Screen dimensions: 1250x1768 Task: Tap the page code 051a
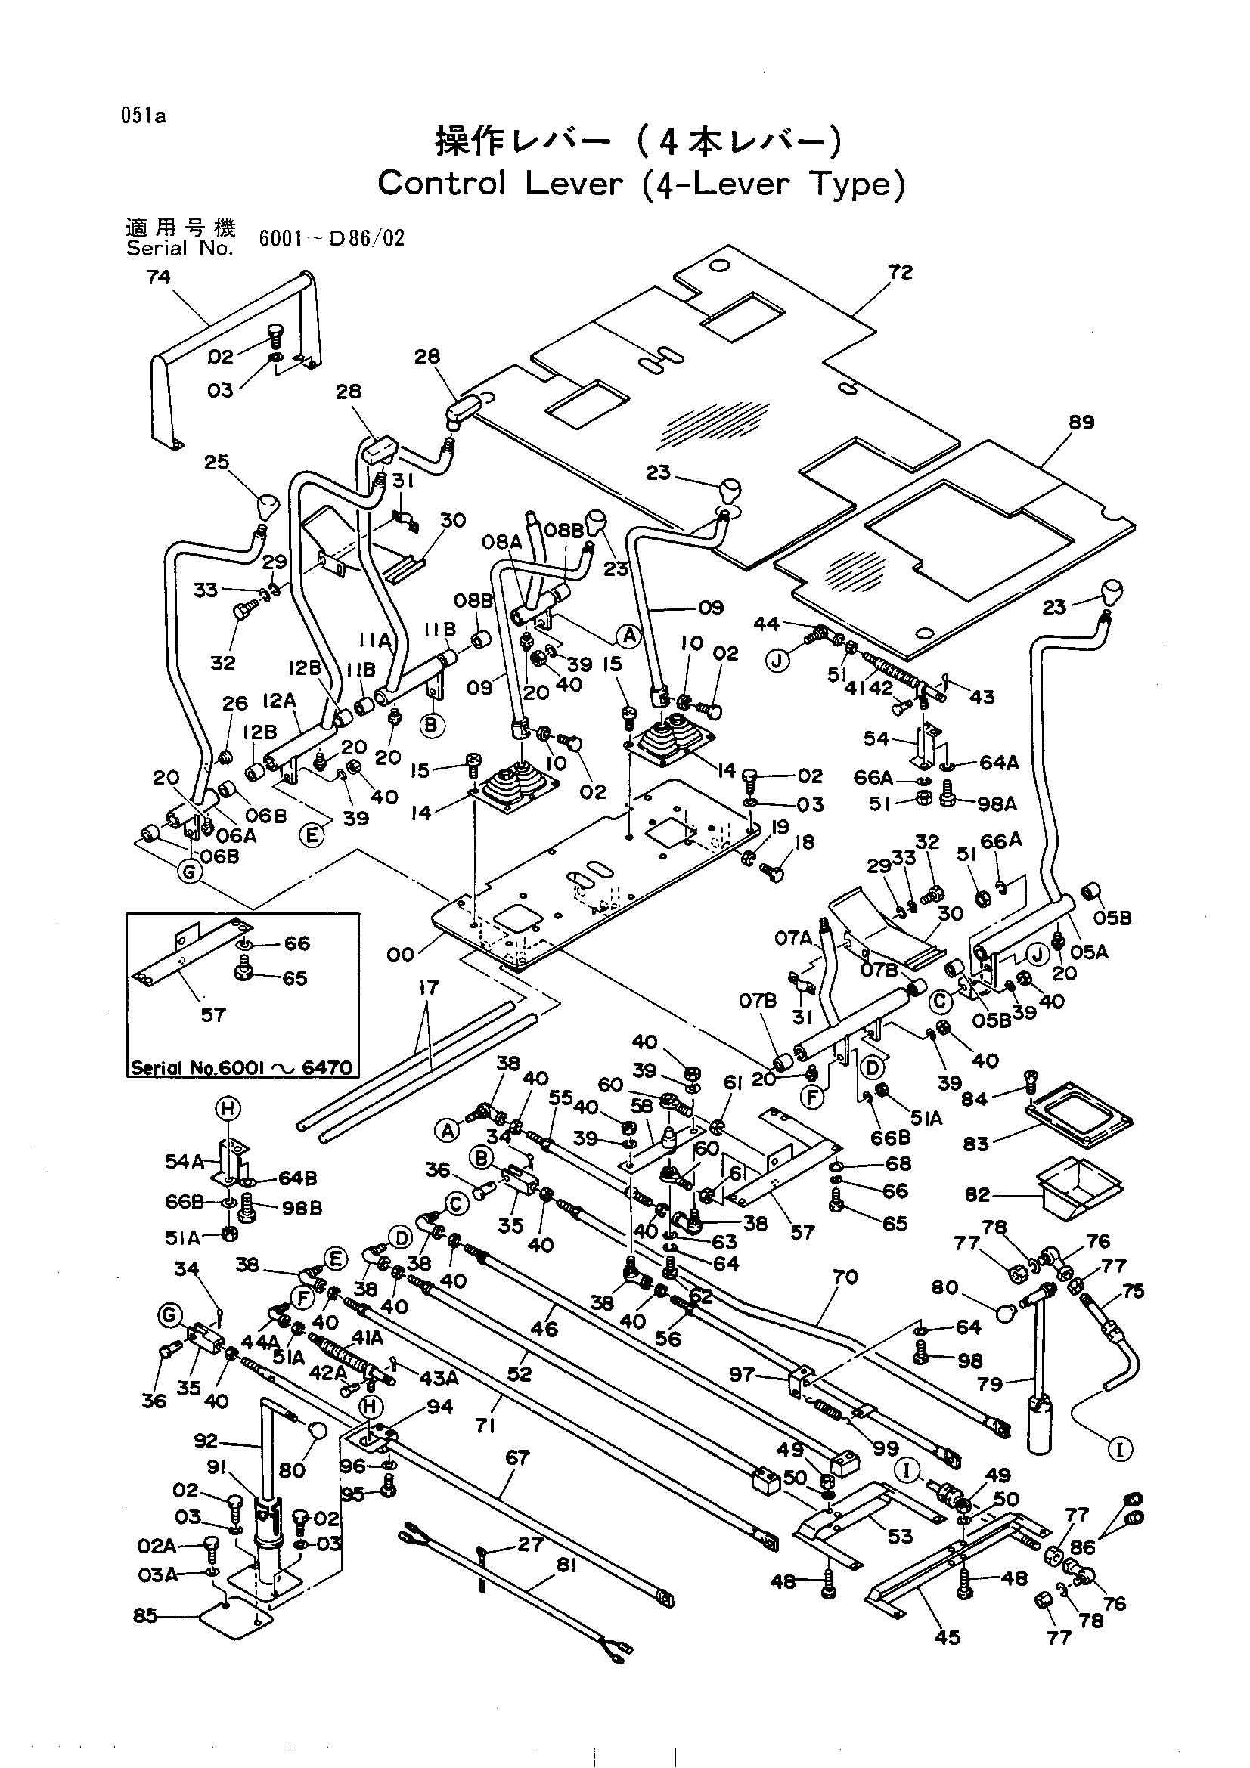[143, 117]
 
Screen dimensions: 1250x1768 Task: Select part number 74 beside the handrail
[158, 277]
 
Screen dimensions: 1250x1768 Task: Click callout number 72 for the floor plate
[900, 271]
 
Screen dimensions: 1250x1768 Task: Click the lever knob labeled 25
[266, 506]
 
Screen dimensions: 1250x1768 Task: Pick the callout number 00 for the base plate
[401, 955]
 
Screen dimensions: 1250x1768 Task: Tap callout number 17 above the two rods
[428, 987]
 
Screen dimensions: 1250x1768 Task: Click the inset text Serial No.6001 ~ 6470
[242, 1068]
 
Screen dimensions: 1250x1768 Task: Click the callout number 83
[975, 1144]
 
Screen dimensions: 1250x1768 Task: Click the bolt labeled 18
[773, 871]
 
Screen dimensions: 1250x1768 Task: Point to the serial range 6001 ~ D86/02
[332, 238]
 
